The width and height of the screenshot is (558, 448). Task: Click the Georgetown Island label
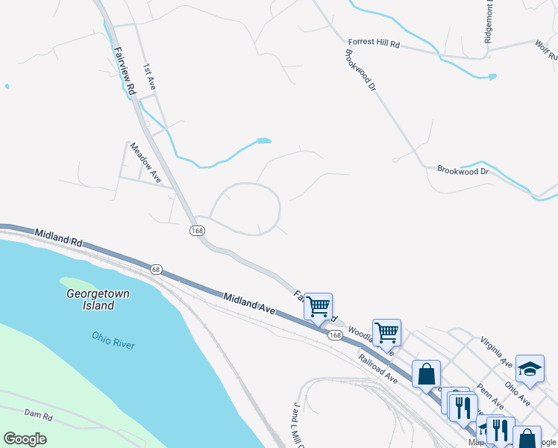tap(98, 299)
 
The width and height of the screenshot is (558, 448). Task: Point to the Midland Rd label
tap(58, 239)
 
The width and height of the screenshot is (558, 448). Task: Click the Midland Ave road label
tap(249, 302)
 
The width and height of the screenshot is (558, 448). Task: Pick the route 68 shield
tap(155, 269)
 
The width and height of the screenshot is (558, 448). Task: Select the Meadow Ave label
tap(145, 163)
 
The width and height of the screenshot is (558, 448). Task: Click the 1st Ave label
tap(149, 77)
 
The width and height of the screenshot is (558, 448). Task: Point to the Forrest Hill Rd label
tap(374, 44)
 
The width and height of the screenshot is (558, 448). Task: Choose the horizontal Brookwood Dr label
tap(463, 171)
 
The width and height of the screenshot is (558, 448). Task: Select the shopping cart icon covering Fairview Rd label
tap(319, 305)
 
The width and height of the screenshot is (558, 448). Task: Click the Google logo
tap(25, 439)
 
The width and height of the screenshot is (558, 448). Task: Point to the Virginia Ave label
tap(496, 351)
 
